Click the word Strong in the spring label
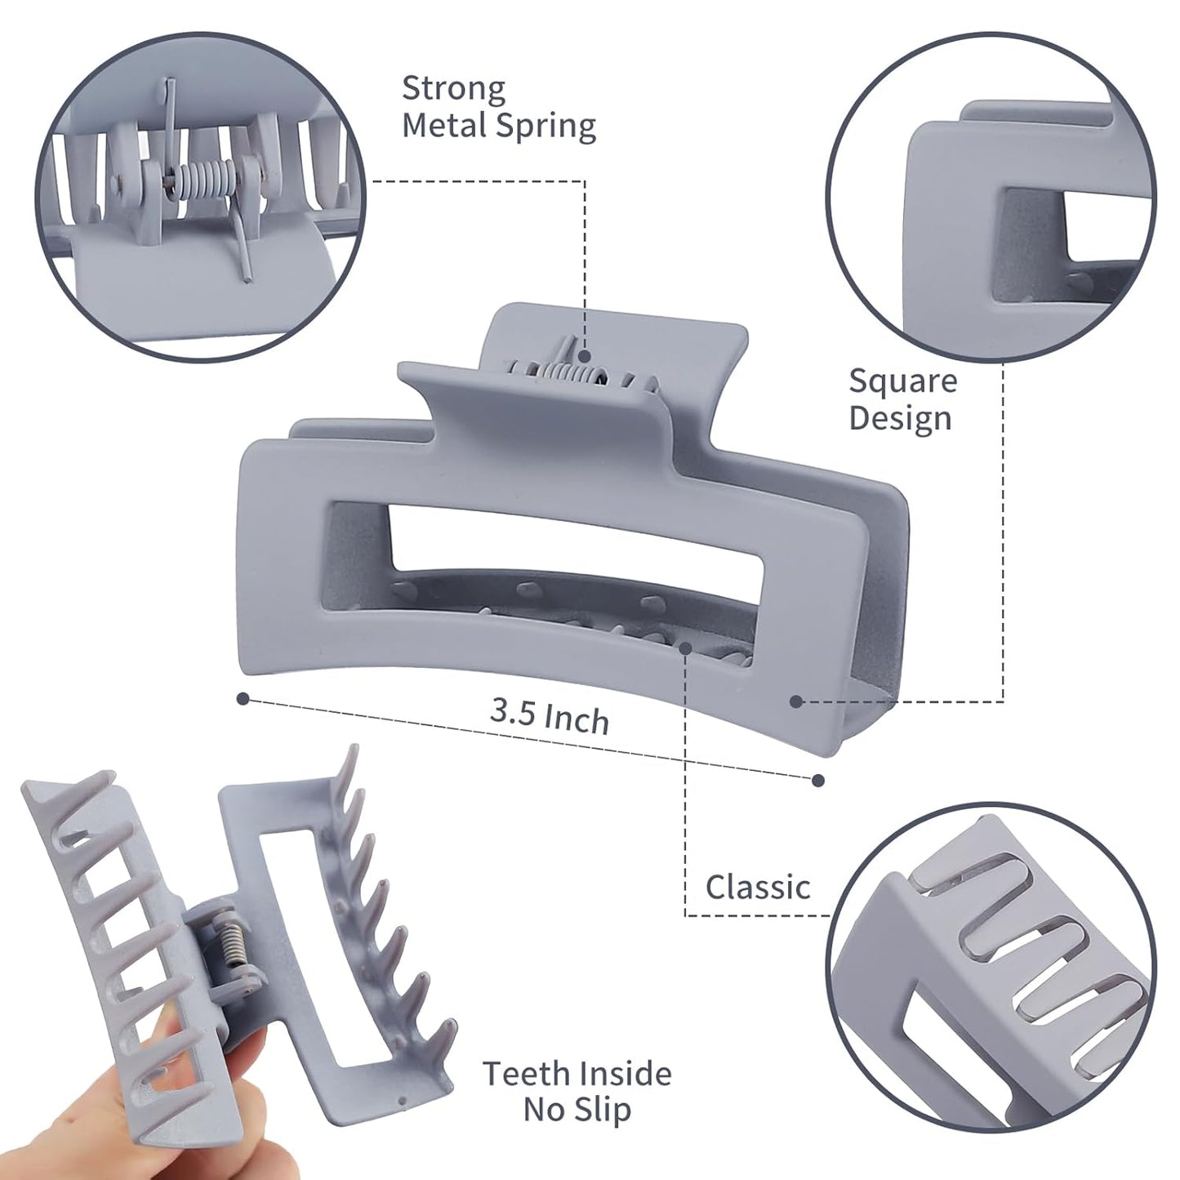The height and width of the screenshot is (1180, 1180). tap(453, 88)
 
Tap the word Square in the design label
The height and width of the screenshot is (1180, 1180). tap(902, 381)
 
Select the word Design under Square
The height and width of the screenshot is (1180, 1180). tap(900, 418)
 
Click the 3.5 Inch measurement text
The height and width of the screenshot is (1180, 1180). tap(550, 715)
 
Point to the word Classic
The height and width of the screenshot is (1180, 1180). tap(758, 887)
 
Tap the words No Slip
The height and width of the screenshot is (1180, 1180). tap(577, 1111)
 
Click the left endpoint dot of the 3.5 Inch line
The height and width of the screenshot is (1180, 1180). tap(243, 699)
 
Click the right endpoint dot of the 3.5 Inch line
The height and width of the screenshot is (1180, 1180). tap(818, 781)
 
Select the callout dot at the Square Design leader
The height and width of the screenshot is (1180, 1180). tap(796, 701)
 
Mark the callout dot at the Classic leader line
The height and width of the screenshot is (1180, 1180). tap(685, 648)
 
